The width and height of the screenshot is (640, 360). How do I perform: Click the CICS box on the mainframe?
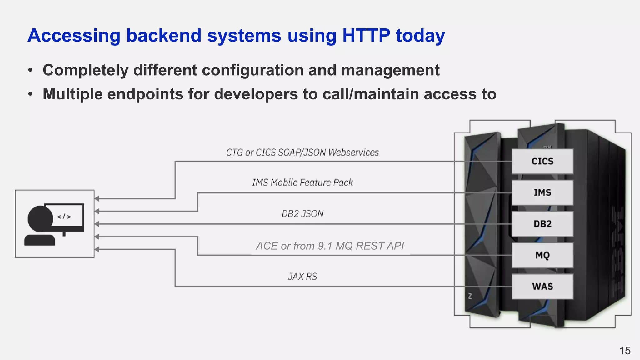point(542,161)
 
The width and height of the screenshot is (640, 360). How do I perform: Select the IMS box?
point(542,192)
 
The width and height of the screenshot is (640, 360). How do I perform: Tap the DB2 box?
point(542,224)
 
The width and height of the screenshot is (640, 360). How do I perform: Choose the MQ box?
point(542,255)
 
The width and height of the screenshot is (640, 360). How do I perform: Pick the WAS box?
point(542,287)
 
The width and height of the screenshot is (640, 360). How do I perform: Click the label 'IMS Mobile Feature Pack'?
point(302,182)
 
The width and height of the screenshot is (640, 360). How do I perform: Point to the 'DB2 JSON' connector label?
point(302,214)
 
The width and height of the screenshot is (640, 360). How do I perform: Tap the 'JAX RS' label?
point(302,277)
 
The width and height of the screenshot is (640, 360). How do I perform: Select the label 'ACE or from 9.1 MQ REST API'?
point(330,246)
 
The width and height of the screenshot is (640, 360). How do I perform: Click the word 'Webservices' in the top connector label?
point(353,152)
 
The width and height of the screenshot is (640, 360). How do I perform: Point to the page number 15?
point(625,351)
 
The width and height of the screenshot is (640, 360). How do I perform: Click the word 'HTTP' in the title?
point(366,35)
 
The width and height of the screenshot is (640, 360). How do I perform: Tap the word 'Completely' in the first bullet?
point(86,70)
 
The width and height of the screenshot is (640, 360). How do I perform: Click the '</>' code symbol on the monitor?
point(64,217)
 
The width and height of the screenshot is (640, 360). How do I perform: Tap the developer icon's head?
point(40,218)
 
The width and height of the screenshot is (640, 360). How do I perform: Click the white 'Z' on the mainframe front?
point(470,296)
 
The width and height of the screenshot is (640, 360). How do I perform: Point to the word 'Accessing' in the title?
point(74,35)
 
